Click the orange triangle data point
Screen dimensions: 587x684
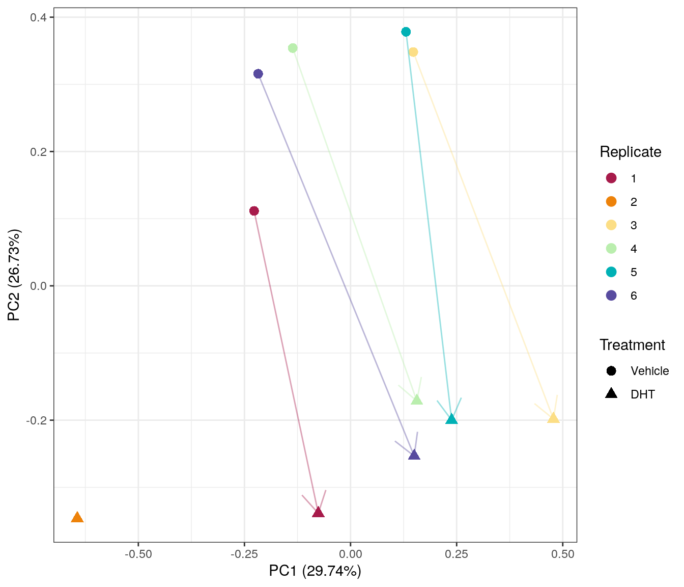77,518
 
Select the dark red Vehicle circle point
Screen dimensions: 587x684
254,211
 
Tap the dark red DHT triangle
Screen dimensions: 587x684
318,512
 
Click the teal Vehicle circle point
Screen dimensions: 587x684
406,32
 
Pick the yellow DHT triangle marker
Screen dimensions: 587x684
553,418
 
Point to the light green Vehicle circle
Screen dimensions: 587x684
293,48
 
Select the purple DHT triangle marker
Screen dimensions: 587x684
414,455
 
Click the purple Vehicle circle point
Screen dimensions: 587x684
258,74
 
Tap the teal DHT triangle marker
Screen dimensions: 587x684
451,419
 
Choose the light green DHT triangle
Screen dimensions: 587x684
417,399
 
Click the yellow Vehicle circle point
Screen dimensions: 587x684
413,52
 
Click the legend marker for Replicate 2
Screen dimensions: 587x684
611,202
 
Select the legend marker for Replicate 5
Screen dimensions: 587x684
611,272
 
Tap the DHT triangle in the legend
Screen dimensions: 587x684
611,393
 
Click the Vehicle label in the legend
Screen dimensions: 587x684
649,371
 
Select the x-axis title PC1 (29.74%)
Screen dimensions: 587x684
315,571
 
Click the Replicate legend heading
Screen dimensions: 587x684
630,152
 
